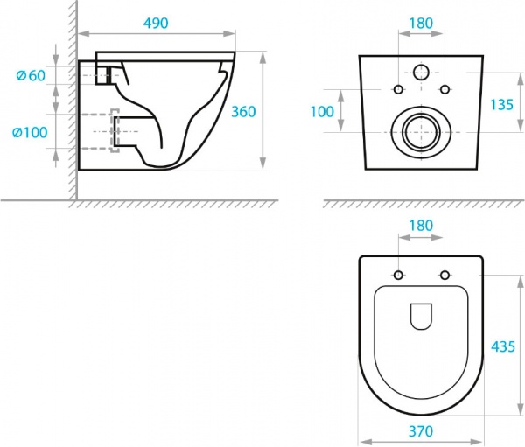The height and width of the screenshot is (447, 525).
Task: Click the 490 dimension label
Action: pyautogui.click(x=156, y=23)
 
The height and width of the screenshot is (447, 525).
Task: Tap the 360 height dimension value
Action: pyautogui.click(x=243, y=111)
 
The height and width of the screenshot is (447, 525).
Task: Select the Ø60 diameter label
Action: pyautogui.click(x=31, y=76)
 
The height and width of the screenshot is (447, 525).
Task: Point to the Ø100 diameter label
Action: pyautogui.click(x=30, y=133)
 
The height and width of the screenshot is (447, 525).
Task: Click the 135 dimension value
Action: pyautogui.click(x=501, y=105)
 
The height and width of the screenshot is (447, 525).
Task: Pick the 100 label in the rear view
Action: pyautogui.click(x=322, y=111)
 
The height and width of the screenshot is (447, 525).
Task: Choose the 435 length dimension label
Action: pyautogui.click(x=503, y=346)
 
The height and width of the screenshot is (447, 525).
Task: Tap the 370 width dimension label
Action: pyautogui.click(x=421, y=431)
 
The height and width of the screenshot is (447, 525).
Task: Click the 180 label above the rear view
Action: pyautogui.click(x=421, y=23)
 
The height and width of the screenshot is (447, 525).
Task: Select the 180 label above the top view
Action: pyautogui.click(x=421, y=226)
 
